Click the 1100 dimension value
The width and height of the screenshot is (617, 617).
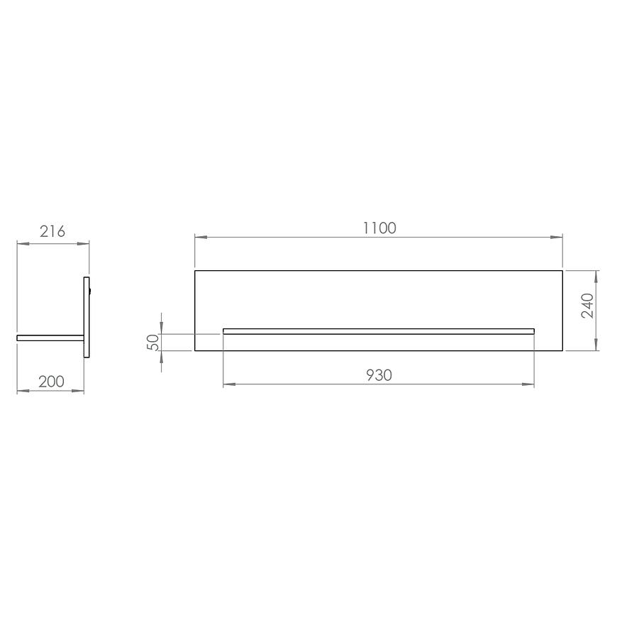pyautogui.click(x=379, y=228)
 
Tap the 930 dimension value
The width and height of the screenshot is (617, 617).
pyautogui.click(x=379, y=375)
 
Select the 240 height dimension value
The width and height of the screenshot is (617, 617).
pyautogui.click(x=587, y=306)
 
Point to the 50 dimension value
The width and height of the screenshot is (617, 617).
pyautogui.click(x=152, y=342)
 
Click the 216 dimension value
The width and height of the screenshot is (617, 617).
pyautogui.click(x=52, y=231)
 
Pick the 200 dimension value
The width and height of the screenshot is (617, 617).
pyautogui.click(x=51, y=382)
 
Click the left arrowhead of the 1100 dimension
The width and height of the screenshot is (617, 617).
pyautogui.click(x=201, y=238)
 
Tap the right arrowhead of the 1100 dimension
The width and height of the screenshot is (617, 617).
pyautogui.click(x=557, y=238)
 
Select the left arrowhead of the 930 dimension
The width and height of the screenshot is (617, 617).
pyautogui.click(x=229, y=384)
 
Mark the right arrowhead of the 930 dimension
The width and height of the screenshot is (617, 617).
pyautogui.click(x=528, y=384)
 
